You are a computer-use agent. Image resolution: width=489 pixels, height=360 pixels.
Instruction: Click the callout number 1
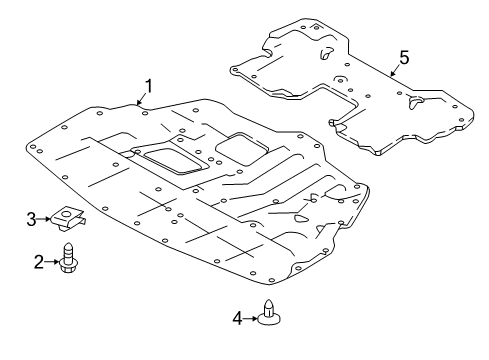pos(148,86)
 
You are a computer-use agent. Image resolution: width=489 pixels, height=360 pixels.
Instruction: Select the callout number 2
pos(39,262)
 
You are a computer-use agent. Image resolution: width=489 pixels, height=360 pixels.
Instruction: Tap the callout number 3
pos(31,220)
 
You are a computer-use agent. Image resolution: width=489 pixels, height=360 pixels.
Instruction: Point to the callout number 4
pos(237,318)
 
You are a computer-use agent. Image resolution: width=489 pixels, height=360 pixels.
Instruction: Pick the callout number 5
pos(404,58)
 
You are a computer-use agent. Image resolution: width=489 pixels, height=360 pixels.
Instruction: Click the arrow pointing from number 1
pos(142,99)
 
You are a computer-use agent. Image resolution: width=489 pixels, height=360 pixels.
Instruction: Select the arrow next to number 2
pos(51,262)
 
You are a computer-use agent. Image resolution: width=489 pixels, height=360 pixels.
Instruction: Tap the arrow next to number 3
pos(44,219)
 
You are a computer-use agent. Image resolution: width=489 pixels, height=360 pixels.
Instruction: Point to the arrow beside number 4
pos(250,319)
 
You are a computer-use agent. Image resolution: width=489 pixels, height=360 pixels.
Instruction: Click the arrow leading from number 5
pos(396,70)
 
